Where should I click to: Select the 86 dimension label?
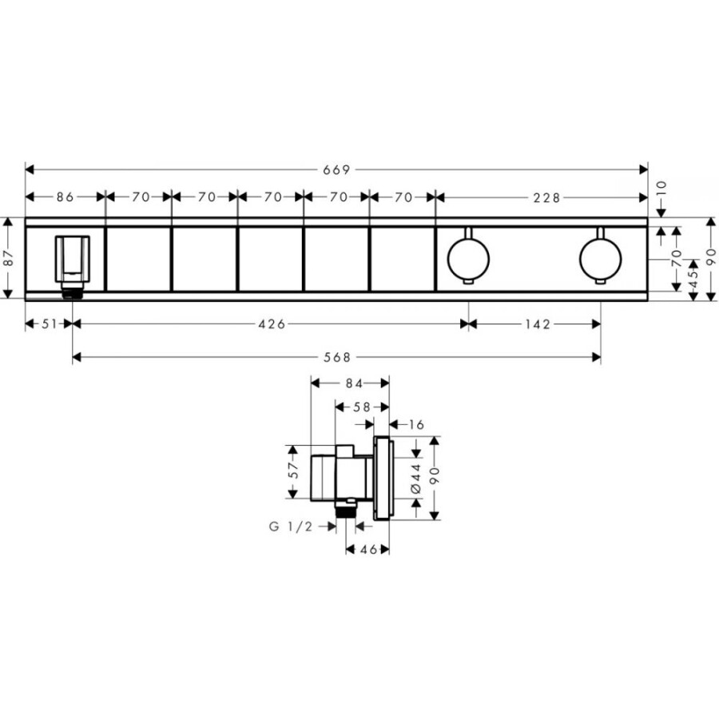coord(66,197)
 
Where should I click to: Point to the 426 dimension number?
coord(272,324)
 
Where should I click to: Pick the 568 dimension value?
coord(338,357)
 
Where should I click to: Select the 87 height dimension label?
coord(7,259)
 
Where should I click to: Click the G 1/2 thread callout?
coord(289,526)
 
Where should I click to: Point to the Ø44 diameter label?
coord(415,478)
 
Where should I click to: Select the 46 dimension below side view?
coord(367,550)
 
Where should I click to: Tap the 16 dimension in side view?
coord(416,424)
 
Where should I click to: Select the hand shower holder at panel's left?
coord(72,260)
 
